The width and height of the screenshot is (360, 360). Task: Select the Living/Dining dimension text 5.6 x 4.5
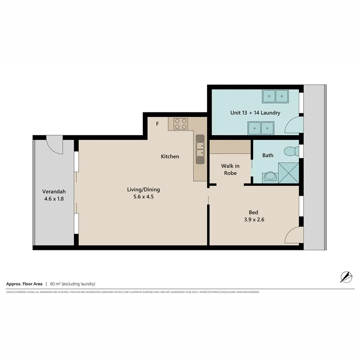[144, 197]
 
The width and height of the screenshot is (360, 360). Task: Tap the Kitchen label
[170, 156]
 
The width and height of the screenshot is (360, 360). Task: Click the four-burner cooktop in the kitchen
[180, 124]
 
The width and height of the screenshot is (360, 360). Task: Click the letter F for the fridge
[158, 124]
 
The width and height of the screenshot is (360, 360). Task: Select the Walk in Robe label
[230, 169]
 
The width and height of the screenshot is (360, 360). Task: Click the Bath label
[268, 155]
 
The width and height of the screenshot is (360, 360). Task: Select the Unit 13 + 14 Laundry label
[255, 113]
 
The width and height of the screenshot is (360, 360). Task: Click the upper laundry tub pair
[275, 96]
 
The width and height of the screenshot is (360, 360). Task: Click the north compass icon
[346, 277]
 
